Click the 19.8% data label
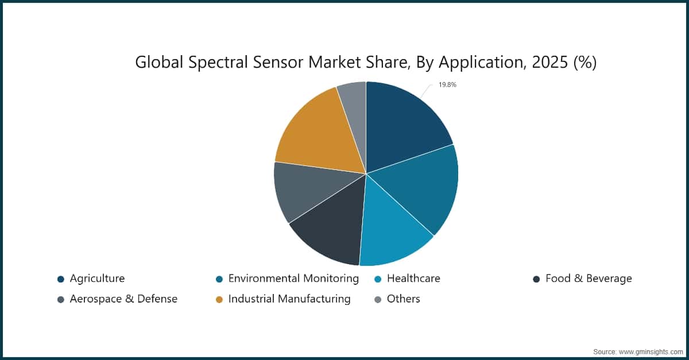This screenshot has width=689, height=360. click(447, 85)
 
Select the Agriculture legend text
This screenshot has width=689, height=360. click(97, 278)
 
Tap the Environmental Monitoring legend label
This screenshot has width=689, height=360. click(293, 278)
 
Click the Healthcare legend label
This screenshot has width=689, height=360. click(413, 278)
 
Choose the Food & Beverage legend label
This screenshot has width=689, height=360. click(589, 278)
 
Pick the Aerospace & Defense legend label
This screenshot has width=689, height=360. click(123, 299)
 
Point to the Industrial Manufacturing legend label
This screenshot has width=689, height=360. click(289, 299)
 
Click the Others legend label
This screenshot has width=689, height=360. click(404, 299)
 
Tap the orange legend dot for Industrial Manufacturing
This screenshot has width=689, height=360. click(219, 299)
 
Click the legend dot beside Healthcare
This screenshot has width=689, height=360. click(377, 279)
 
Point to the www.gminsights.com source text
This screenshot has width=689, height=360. click(650, 350)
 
